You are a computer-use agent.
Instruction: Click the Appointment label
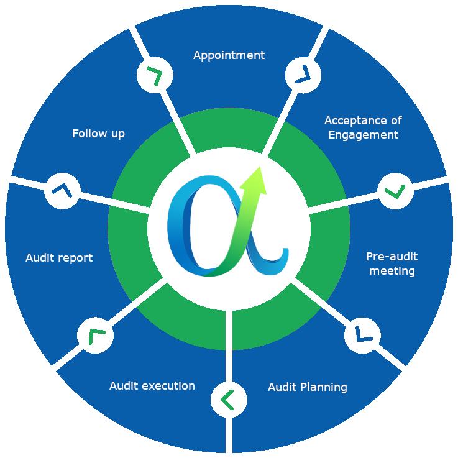(x=229, y=55)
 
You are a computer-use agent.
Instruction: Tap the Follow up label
(x=98, y=134)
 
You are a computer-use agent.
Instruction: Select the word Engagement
(x=363, y=135)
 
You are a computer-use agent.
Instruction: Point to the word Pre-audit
(x=392, y=257)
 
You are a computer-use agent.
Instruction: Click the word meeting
(x=392, y=271)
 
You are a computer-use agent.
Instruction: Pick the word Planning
(x=323, y=387)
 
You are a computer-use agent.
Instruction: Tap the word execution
(x=168, y=386)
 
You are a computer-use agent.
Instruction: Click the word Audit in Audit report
(x=40, y=257)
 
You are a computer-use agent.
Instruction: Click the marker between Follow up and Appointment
(x=153, y=75)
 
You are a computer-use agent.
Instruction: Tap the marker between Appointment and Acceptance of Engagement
(x=303, y=75)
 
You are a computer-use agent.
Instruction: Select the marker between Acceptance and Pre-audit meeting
(x=396, y=191)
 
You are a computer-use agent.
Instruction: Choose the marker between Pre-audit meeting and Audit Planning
(x=362, y=336)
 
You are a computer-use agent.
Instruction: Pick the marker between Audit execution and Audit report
(x=95, y=336)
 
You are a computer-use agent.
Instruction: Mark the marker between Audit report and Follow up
(x=62, y=190)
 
